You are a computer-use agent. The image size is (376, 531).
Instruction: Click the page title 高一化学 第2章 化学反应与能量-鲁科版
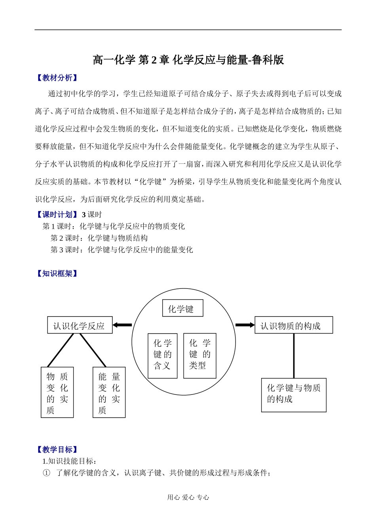188,60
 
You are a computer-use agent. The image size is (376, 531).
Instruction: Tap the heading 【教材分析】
57,78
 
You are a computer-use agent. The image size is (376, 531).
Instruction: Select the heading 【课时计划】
57,214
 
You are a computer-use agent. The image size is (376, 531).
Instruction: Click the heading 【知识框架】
57,273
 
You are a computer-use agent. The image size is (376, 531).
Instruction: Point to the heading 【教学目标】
57,449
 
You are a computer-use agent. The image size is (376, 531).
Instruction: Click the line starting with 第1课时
114,226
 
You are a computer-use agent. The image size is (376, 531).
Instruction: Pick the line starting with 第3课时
122,250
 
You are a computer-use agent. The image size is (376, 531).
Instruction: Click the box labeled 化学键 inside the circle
182,308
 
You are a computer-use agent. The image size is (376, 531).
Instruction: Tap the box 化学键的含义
162,355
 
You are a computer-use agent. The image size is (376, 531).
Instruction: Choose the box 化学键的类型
199,355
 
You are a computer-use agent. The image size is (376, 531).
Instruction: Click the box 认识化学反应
80,325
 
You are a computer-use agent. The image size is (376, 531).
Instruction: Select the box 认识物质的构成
293,325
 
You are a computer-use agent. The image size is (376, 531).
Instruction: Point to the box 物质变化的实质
57,392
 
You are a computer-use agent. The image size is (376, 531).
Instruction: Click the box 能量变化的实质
109,392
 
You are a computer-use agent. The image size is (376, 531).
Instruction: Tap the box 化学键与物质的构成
293,394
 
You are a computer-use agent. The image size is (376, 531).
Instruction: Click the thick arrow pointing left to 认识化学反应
122,325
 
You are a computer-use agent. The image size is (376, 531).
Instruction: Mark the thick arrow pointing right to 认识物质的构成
245,325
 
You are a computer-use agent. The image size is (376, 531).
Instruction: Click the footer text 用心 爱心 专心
188,497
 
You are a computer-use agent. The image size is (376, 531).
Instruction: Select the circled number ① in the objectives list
47,473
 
